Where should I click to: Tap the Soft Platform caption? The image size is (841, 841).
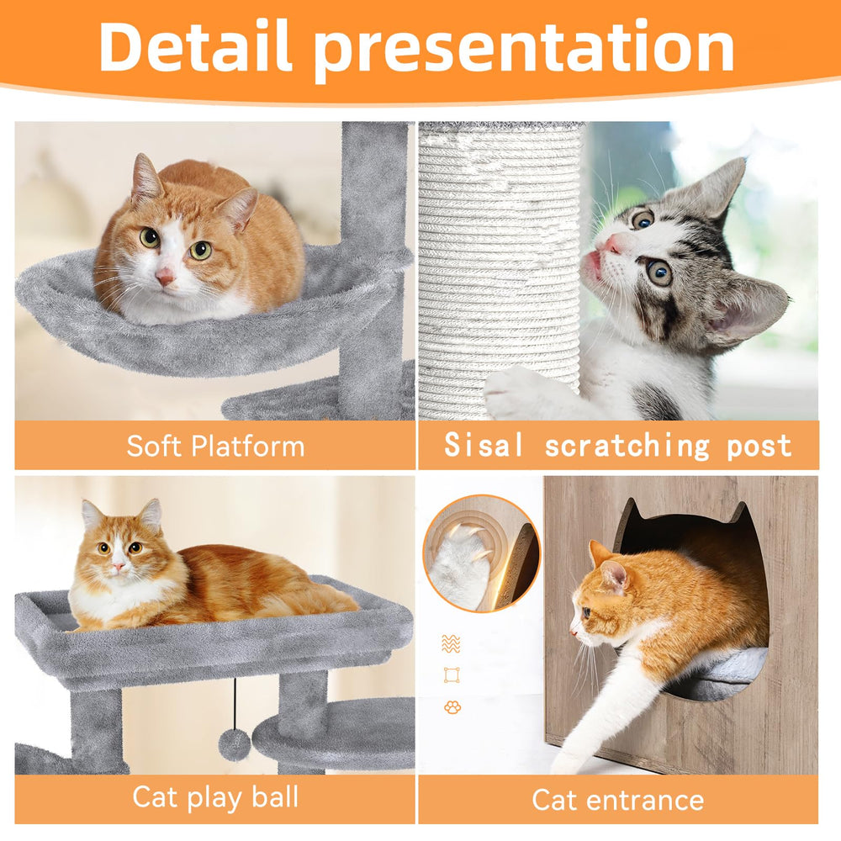pos(215,446)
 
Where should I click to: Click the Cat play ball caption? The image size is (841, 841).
pos(215,797)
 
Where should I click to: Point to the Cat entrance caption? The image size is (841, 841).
pos(617,799)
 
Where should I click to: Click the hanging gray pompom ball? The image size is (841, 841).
pos(234,744)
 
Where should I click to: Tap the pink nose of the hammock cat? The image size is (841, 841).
pos(165,277)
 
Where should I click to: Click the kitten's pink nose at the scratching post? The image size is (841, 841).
pos(611,246)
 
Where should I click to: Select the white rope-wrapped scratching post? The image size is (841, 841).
pos(501,269)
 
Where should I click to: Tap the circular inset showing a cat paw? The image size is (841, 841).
pos(481,553)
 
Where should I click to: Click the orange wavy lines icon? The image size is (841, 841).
pos(452,643)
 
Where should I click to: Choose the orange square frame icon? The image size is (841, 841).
pos(452,675)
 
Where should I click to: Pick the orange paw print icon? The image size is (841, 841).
pos(452,707)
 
